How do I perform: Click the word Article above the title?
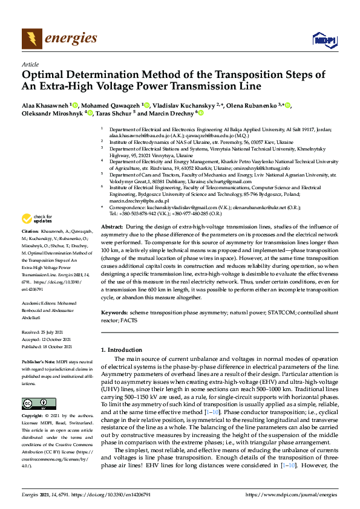[x=30, y=64]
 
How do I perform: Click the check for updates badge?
[x=38, y=218]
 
